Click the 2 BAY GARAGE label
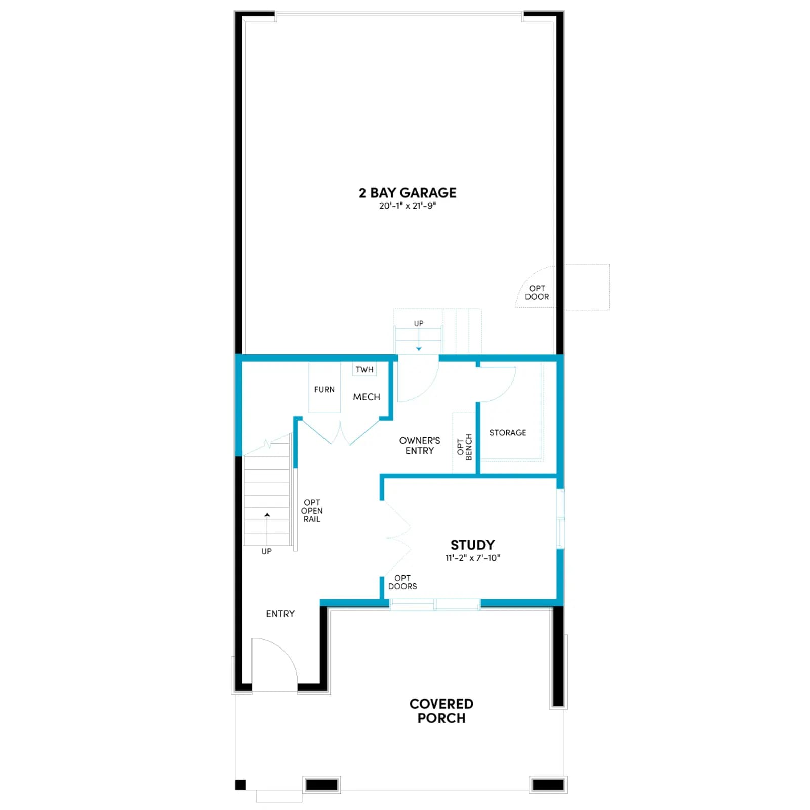pos(408,193)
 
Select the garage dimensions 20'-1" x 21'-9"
pos(408,206)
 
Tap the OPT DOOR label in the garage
pos(537,293)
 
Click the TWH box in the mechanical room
pos(364,370)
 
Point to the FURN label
pos(325,390)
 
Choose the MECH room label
pos(367,397)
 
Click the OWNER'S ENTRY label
pos(420,445)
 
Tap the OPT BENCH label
pos(464,447)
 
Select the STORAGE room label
pos(508,433)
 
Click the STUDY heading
pos(472,545)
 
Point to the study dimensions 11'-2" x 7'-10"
pos(472,558)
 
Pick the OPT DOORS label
pos(402,582)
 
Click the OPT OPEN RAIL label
pos(312,511)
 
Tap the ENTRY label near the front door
pos(280,614)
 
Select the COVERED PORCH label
pos(441,711)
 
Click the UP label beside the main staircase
pos(266,551)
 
